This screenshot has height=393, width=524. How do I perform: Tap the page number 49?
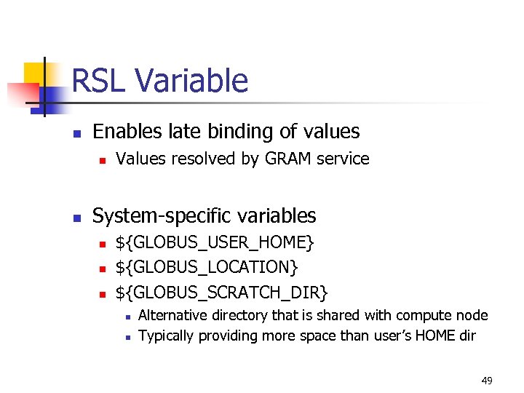tap(486, 380)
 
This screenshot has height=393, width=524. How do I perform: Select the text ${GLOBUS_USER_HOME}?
tap(215, 242)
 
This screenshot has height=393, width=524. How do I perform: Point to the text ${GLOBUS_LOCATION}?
tap(207, 267)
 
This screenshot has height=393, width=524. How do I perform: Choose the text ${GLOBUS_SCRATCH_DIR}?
tap(222, 293)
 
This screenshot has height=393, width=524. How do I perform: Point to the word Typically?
tap(167, 336)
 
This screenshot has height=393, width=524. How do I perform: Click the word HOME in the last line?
tap(434, 336)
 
